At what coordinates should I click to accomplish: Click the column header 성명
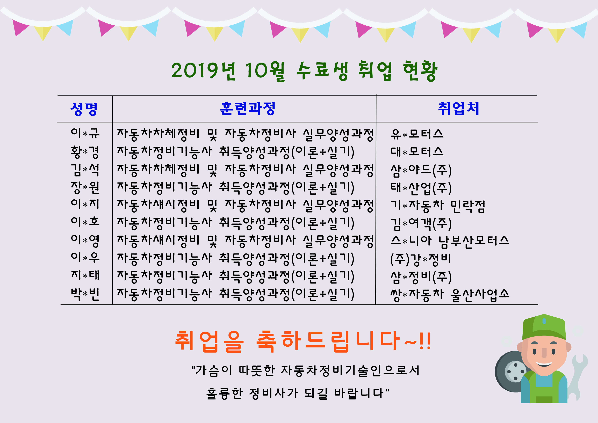(x=84, y=109)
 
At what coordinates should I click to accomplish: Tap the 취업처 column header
(x=459, y=108)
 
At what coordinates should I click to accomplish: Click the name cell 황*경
(x=85, y=152)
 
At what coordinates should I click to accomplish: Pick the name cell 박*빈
(x=85, y=294)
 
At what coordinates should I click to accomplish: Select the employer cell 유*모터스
(x=417, y=134)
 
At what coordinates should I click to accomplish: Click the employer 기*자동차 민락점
(x=438, y=206)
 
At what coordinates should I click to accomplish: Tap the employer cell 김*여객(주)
(x=421, y=224)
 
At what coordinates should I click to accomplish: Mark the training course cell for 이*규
(x=245, y=134)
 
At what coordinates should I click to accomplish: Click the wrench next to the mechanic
(x=578, y=375)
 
